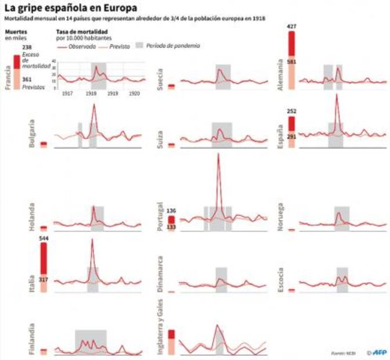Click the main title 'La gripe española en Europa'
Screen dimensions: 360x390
pyautogui.click(x=71, y=9)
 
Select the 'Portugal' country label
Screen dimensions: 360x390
pyautogui.click(x=161, y=219)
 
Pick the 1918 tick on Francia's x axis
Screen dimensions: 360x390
pyautogui.click(x=91, y=93)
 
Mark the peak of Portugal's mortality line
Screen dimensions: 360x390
pyautogui.click(x=218, y=154)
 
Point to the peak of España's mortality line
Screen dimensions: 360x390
pyautogui.click(x=337, y=95)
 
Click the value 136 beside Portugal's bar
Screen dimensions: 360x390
pyautogui.click(x=171, y=210)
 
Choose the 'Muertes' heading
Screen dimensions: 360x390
pyautogui.click(x=15, y=33)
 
